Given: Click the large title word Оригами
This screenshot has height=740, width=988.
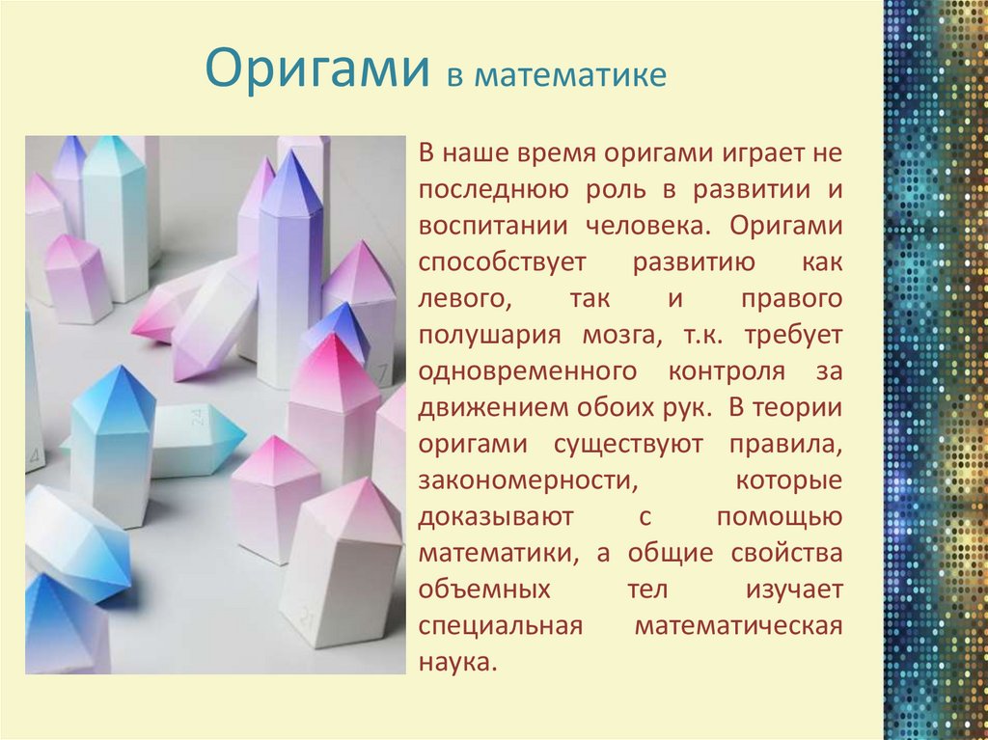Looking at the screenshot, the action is coord(317,69).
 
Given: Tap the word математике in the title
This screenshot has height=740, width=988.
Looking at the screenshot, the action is coord(570,75).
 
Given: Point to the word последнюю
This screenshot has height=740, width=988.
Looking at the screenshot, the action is coord(493,190).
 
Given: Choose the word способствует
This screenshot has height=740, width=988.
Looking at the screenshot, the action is coord(502,262).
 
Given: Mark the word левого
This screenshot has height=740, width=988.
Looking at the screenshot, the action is coord(465,299).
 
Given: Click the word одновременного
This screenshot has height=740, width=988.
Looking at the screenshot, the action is coord(528,371).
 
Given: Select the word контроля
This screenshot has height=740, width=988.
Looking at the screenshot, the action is coord(727,371).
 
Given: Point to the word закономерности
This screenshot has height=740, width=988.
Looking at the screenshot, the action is coord(528,480).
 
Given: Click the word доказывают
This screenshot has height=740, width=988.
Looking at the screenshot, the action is coord(496,517).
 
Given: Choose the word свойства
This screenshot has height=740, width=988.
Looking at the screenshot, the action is coord(787,553).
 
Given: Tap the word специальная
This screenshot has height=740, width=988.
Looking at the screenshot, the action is coord(501,627).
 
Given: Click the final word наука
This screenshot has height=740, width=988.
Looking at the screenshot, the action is coord(458,663).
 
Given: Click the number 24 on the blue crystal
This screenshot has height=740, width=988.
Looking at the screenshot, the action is coord(197,417).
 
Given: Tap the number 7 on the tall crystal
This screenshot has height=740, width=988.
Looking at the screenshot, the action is coord(383,373).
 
